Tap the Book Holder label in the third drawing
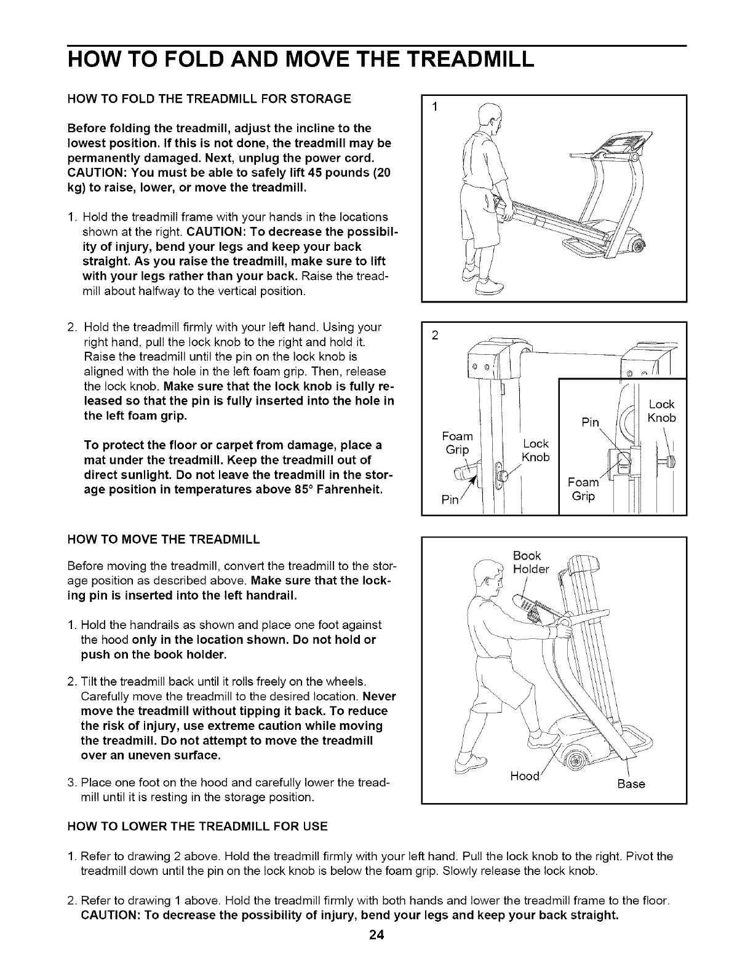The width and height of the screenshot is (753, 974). tap(530, 563)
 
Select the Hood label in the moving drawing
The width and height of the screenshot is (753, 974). tap(524, 776)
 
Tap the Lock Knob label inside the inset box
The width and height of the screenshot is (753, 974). tap(662, 411)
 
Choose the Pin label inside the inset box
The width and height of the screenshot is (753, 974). tap(590, 423)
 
